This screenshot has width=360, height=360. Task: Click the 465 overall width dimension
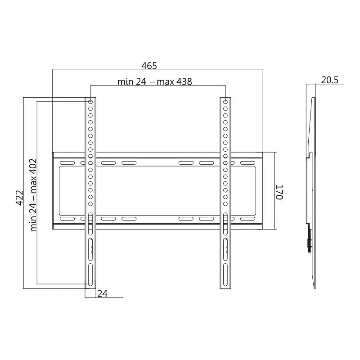point(149,66)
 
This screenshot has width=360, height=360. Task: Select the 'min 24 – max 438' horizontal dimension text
point(154,82)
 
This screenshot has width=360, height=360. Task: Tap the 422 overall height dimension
point(20,198)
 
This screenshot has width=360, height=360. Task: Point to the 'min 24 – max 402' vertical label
point(33,195)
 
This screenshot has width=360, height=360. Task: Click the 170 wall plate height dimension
point(279,192)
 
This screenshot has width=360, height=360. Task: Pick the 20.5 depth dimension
point(330,80)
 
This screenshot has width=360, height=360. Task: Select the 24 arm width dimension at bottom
point(102,294)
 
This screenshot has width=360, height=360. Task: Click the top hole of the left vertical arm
point(90,102)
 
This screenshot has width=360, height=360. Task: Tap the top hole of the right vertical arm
point(225,102)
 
